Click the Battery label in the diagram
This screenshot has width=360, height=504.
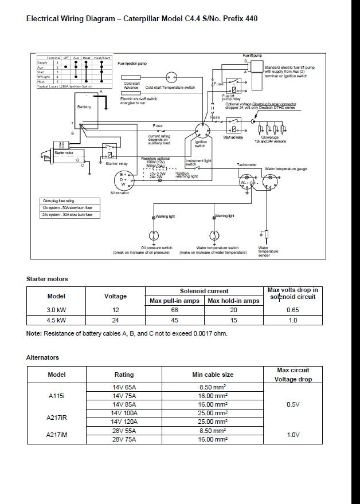click(84, 107)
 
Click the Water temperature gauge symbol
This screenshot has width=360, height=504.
click(269, 181)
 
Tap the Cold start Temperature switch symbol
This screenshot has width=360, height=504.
click(170, 78)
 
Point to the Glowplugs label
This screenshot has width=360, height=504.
click(269, 137)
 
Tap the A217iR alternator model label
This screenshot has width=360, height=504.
click(56, 417)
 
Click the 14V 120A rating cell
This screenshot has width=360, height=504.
click(124, 421)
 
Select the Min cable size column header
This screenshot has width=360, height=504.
click(212, 375)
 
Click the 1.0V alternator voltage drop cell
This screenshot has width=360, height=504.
click(293, 435)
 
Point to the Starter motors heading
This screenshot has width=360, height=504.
click(47, 279)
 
